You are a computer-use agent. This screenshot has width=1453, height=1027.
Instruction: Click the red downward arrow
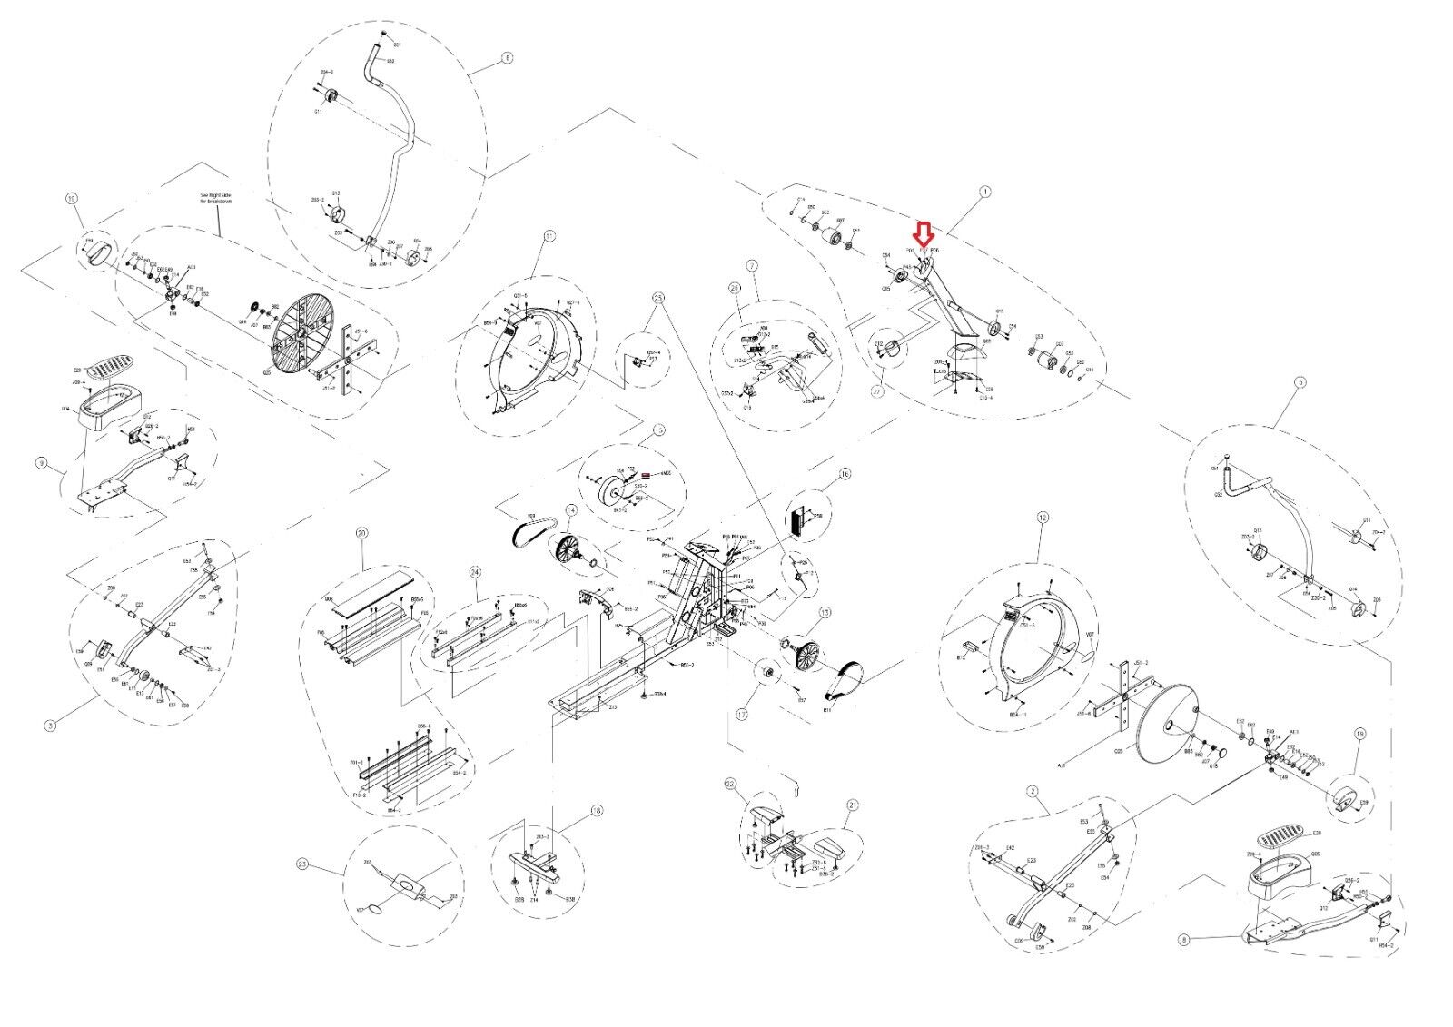(x=924, y=236)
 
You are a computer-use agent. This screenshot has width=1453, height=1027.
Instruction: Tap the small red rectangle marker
(x=646, y=475)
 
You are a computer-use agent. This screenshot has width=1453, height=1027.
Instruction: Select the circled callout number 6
(x=507, y=57)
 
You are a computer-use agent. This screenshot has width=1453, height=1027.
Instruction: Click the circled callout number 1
(x=985, y=192)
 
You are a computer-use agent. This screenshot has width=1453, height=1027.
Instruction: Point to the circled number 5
(x=1300, y=383)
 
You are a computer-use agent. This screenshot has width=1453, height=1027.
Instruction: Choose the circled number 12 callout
(x=1043, y=518)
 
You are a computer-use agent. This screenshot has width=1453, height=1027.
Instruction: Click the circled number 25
(x=658, y=298)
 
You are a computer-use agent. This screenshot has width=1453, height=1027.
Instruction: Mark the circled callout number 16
(x=845, y=473)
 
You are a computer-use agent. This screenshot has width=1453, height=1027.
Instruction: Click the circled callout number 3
(x=50, y=725)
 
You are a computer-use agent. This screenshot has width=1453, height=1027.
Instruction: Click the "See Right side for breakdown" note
(x=216, y=199)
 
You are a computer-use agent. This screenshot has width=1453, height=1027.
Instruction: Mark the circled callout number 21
(x=853, y=805)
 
